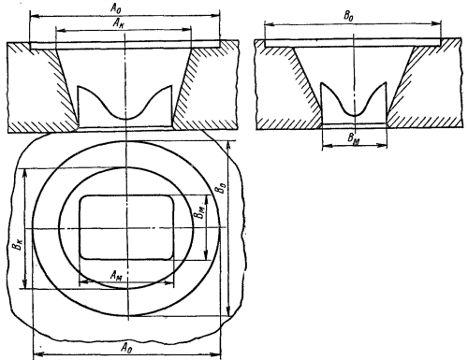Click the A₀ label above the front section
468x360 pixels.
click(x=116, y=8)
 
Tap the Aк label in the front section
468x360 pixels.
click(x=119, y=24)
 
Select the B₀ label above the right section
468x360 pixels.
click(x=348, y=16)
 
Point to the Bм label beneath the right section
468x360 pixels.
click(x=354, y=138)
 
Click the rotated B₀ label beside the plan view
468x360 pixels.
click(x=221, y=187)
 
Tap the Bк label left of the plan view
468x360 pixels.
click(x=17, y=243)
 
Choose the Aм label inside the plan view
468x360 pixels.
click(x=116, y=276)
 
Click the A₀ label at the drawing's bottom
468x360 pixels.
click(x=125, y=347)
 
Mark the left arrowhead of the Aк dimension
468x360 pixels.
click(x=59, y=30)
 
